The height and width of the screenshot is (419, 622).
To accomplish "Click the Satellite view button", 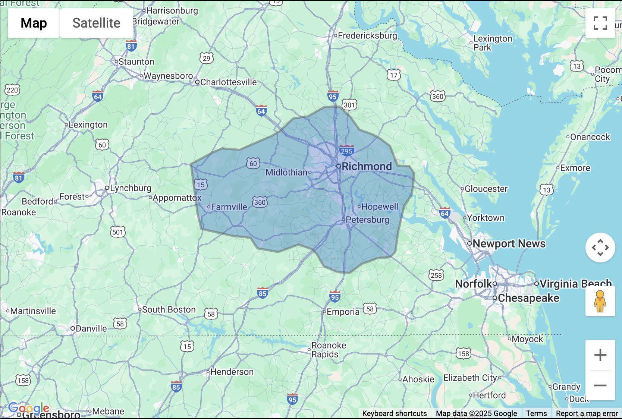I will [96, 23].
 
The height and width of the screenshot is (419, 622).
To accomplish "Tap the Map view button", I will [34, 23].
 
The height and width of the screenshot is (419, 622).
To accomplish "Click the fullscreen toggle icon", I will [600, 23].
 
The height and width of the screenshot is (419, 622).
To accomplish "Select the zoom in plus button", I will [600, 355].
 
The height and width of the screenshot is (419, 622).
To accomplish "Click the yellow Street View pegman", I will [600, 301].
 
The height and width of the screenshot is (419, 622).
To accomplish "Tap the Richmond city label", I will [366, 166].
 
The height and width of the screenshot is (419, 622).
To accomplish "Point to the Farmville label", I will [229, 207].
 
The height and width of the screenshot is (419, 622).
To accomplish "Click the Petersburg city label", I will [367, 220].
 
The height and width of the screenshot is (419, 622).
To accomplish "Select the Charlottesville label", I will [228, 82].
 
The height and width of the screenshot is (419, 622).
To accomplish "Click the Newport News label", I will [509, 243].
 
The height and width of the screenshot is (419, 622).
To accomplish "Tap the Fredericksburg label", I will [367, 35].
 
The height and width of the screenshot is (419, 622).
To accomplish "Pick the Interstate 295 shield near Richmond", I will [346, 151].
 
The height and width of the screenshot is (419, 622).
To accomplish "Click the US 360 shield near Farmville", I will [260, 202].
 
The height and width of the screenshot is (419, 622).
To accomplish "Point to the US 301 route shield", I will [349, 105].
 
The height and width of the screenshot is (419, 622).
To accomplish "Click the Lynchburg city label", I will [130, 188].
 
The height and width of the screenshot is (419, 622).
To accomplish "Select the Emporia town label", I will [343, 312].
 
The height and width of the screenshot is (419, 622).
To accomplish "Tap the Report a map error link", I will [587, 413].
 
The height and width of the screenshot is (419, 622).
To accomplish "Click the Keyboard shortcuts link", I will [394, 413].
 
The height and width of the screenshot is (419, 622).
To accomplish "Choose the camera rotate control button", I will [600, 248].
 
